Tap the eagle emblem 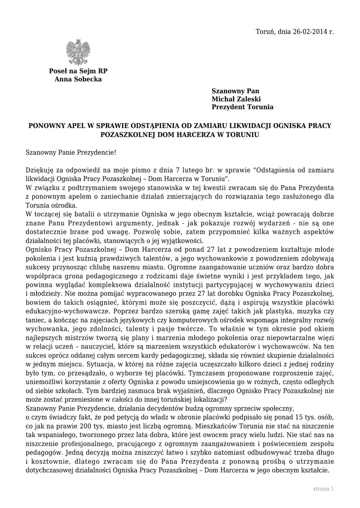pos(78,53)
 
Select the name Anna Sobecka pos(78,79)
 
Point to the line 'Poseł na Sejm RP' pos(78,71)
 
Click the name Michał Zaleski pos(236,99)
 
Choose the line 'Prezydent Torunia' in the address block pos(242,107)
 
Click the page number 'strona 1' pos(323,489)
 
